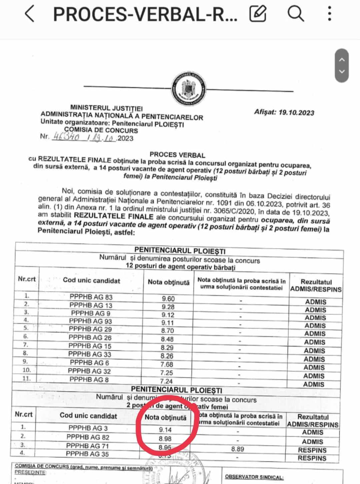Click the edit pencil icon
258,14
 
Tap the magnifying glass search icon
295,14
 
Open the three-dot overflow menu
329,14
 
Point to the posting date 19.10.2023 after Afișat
296,112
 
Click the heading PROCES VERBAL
177,155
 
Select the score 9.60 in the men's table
168,299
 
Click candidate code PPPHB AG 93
90,321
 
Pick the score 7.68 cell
167,364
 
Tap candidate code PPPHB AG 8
89,380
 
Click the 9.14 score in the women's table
165,430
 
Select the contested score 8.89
238,449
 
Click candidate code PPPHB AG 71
87,446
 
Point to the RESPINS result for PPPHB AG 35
312,458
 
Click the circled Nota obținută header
166,417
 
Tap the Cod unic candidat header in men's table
91,281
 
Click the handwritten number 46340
66,137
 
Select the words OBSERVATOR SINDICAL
254,477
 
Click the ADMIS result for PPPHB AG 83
316,302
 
